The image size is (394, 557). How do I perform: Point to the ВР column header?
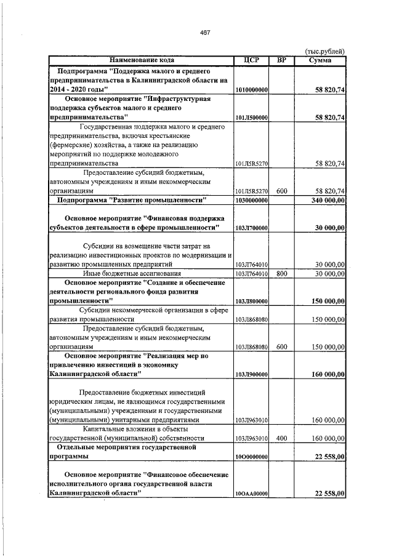point(282,60)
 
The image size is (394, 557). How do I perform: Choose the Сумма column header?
point(321,60)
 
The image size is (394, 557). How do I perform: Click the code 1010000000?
point(251,90)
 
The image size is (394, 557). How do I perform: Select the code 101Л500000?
point(251,117)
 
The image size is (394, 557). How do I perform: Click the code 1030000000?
point(251,201)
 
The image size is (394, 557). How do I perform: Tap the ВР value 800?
point(282,273)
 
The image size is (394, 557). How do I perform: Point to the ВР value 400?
point(282,438)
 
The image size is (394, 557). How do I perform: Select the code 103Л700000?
point(251,228)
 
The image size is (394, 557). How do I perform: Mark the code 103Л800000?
point(251,300)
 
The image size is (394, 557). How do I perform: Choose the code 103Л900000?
point(251,374)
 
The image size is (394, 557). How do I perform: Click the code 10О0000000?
point(251,457)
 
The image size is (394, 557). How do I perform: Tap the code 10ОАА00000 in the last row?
point(251,494)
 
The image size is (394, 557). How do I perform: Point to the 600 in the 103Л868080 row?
point(282,347)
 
